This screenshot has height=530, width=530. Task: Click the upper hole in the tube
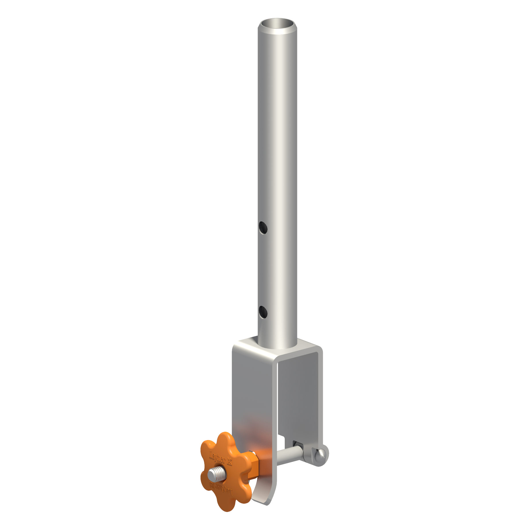263,228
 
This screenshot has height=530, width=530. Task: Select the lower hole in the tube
263,312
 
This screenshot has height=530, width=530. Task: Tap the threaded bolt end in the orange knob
217,475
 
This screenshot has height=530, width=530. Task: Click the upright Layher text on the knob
217,458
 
